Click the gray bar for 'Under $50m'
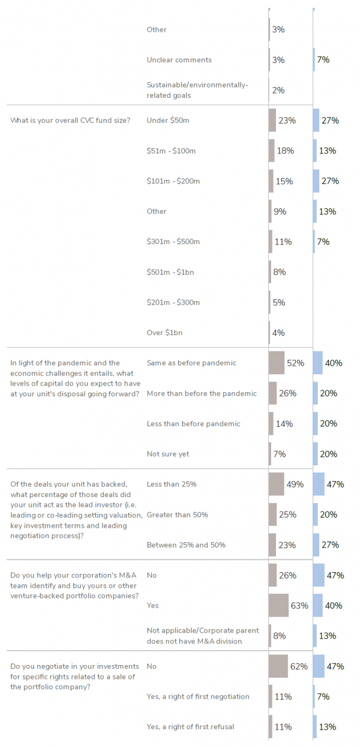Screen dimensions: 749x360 [272, 121]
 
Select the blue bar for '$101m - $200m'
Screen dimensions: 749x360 [316, 181]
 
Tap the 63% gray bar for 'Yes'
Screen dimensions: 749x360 [278, 606]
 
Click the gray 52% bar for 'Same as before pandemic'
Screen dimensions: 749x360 [277, 363]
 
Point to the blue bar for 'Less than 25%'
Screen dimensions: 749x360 [319, 484]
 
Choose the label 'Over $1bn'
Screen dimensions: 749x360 [165, 332]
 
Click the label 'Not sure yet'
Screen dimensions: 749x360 [168, 454]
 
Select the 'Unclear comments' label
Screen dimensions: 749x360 [179, 60]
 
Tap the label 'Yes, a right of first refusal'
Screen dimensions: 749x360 [190, 727]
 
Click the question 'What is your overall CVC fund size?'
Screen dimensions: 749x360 [70, 121]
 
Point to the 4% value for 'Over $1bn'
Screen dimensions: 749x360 [278, 332]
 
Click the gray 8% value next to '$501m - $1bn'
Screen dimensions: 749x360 [279, 272]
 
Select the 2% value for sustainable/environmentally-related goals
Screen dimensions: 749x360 [278, 90]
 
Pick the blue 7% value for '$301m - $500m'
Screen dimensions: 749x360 [323, 242]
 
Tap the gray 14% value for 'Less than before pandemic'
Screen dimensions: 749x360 [284, 423]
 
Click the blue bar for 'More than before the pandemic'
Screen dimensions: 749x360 [316, 393]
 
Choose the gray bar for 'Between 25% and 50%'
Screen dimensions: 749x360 [272, 545]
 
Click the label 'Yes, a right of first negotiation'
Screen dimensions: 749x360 [198, 696]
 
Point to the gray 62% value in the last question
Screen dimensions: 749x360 [299, 666]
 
